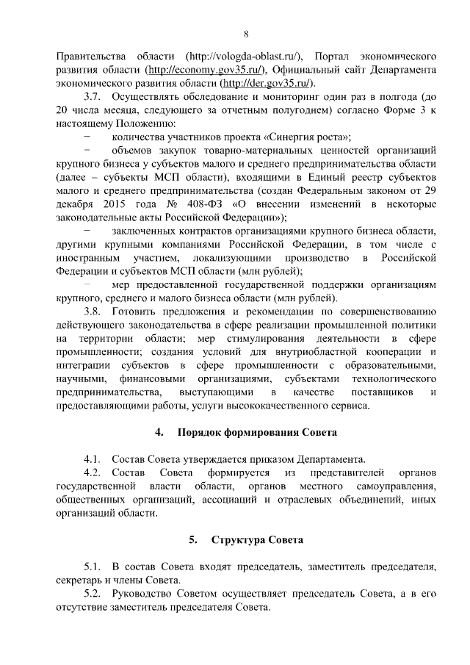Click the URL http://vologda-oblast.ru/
click(246, 56)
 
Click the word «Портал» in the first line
click(334, 56)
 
